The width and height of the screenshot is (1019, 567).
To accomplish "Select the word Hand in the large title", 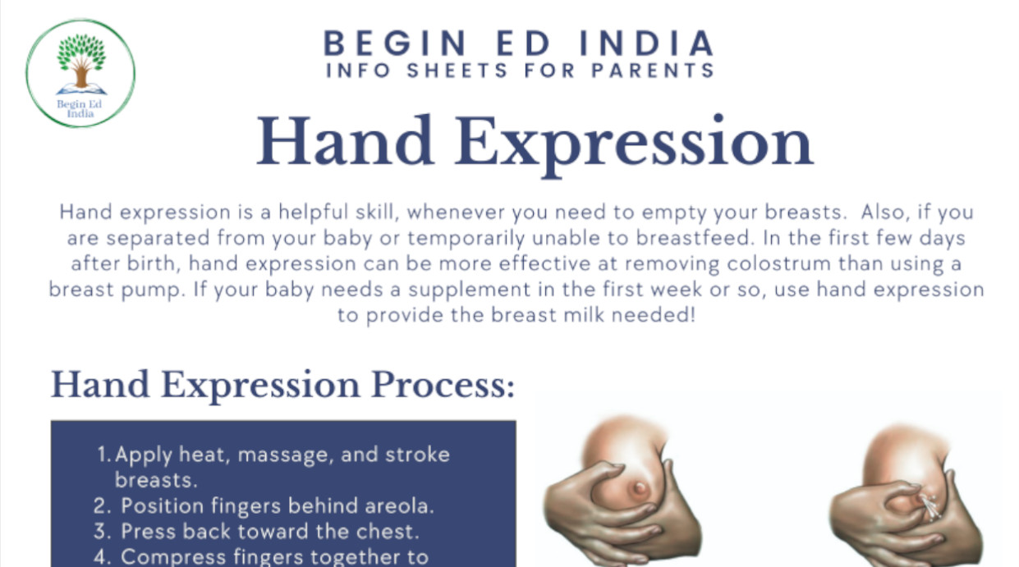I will click(346, 141).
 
